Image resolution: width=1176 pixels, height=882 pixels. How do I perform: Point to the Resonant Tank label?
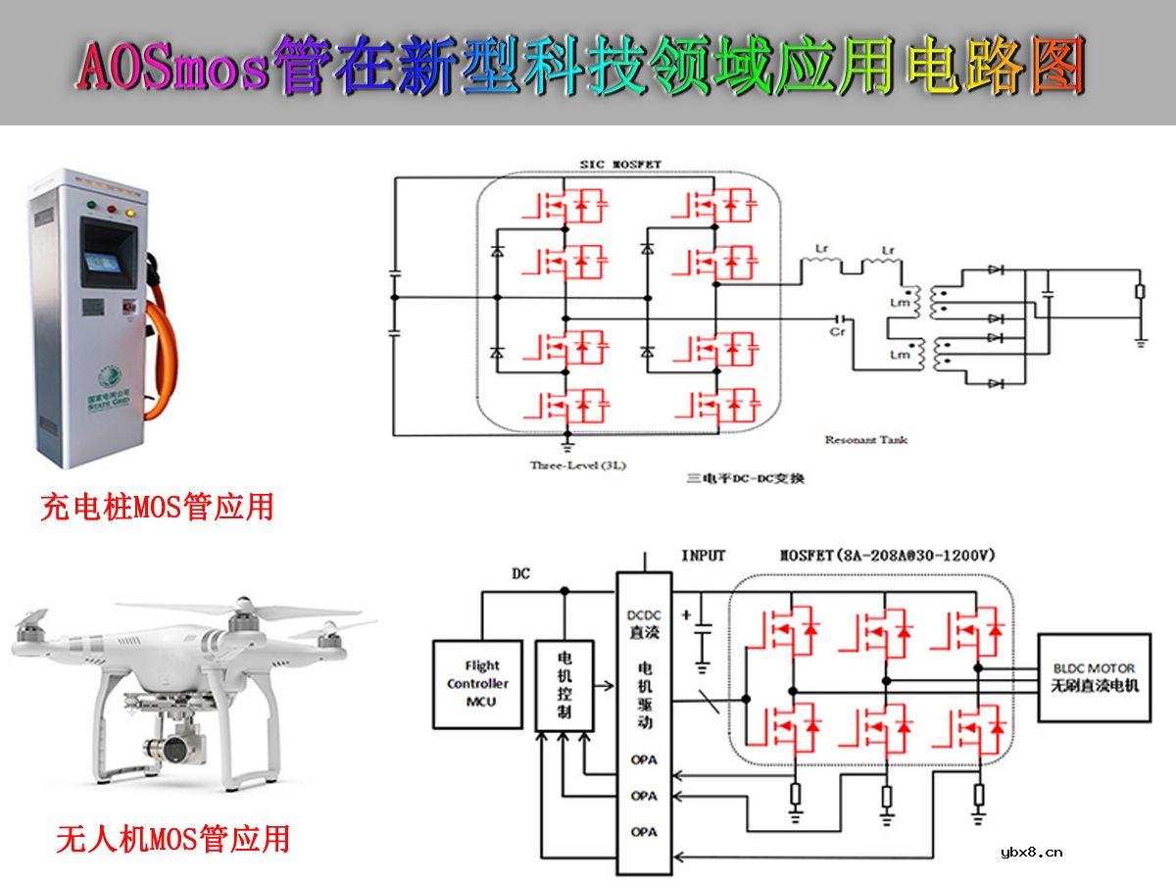866,440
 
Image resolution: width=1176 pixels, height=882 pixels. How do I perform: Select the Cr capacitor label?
838,332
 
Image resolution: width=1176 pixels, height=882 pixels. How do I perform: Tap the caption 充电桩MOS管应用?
157,507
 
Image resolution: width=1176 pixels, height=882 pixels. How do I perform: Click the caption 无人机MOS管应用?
172,839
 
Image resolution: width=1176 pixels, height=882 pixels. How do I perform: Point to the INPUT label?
704,556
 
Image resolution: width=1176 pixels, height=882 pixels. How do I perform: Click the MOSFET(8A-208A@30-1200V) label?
887,556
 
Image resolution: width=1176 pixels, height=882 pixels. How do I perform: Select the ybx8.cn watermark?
1031,852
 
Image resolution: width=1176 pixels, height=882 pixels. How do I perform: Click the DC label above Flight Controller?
520,573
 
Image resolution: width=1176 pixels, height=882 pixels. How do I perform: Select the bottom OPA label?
644,832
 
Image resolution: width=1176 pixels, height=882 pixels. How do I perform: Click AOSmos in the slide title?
171,67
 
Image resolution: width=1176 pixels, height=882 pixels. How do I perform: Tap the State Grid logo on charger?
108,377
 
